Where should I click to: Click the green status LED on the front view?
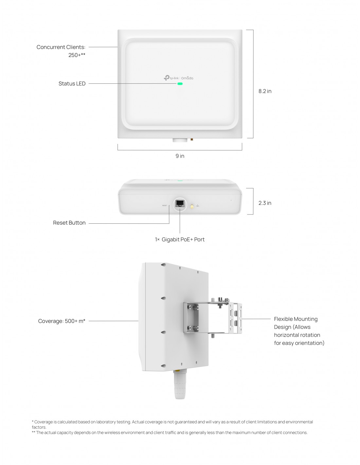click(180, 84)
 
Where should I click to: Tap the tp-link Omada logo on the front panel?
click(178, 78)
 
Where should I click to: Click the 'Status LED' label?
click(72, 83)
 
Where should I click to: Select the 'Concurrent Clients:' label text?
click(61, 47)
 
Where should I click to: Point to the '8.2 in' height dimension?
click(265, 91)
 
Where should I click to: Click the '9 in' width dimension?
click(180, 156)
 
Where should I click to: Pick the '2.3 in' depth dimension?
click(265, 203)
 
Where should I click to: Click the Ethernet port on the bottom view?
click(180, 203)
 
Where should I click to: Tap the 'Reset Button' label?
click(69, 223)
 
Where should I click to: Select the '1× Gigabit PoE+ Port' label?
click(180, 239)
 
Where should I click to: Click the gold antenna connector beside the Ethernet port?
click(192, 206)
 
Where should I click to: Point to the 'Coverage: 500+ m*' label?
click(62, 321)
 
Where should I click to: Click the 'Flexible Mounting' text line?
click(296, 319)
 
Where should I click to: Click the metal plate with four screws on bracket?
click(191, 318)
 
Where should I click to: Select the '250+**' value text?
click(77, 55)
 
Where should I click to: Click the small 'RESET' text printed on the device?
click(165, 206)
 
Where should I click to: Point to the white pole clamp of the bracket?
click(235, 318)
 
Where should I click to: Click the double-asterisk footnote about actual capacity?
click(170, 433)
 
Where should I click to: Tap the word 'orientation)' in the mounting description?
click(310, 343)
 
